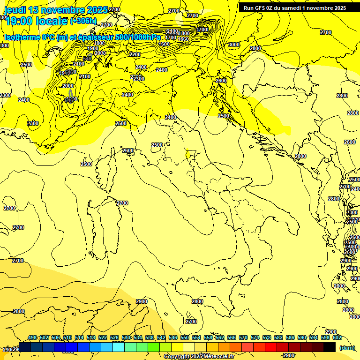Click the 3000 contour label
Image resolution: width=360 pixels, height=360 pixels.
[x=233, y=45]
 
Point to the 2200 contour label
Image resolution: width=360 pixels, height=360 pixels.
[x=135, y=54]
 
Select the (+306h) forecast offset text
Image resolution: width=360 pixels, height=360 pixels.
[x=83, y=21]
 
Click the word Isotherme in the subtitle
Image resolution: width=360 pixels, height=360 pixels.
[x=22, y=37]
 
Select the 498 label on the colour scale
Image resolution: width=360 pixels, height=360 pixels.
[x=32, y=337]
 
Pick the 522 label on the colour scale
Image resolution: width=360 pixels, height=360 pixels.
[x=103, y=337]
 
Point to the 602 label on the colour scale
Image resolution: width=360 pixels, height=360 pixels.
[x=337, y=337]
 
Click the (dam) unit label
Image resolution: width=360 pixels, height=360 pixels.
[x=347, y=347]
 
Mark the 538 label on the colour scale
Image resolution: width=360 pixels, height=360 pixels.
[x=150, y=337]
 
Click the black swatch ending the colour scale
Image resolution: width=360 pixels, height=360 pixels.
[x=330, y=347]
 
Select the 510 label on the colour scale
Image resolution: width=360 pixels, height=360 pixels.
[x=67, y=337]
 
